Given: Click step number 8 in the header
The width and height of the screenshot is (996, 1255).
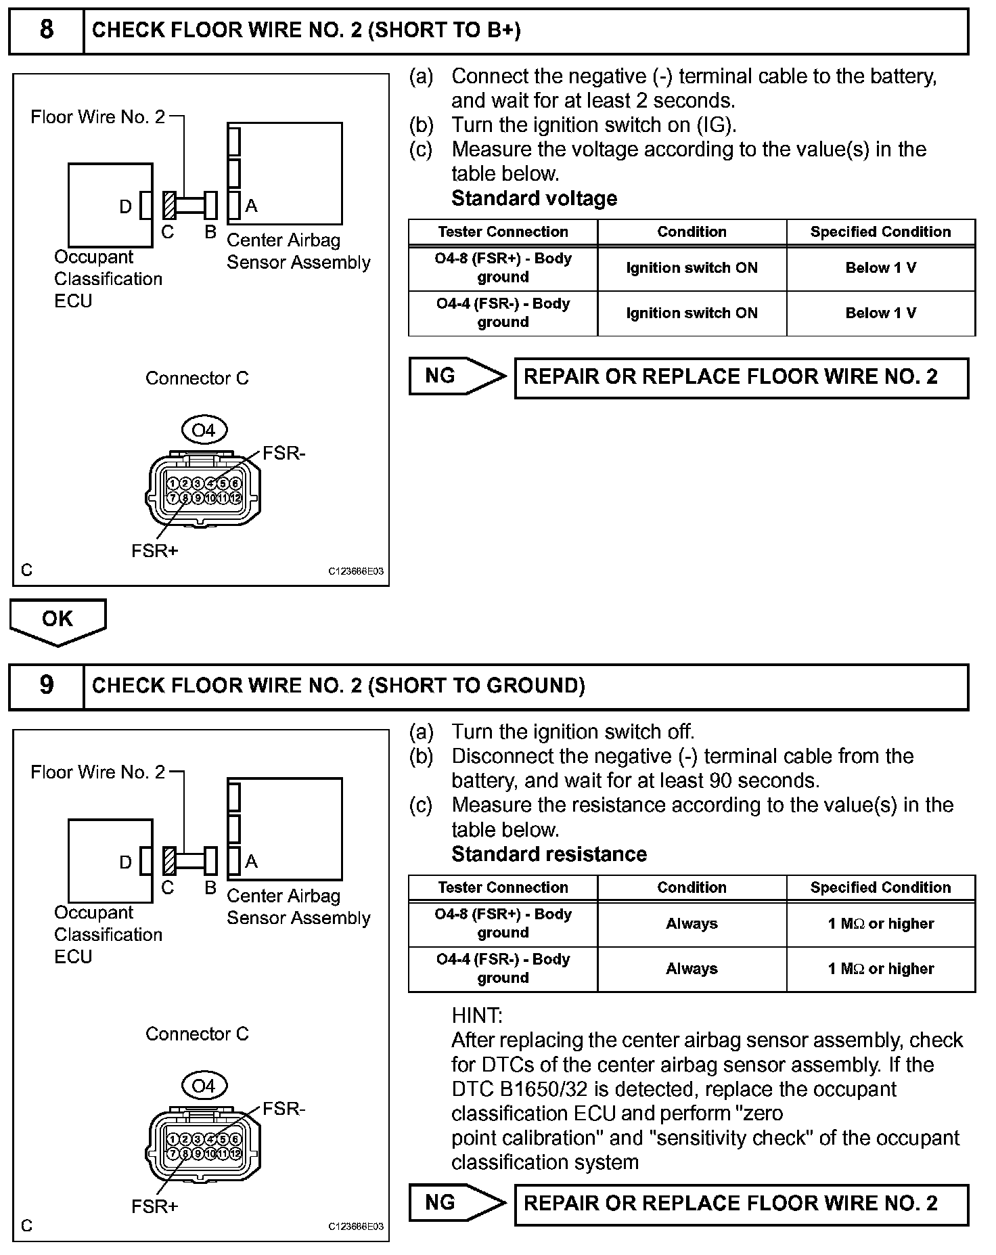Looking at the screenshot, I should pyautogui.click(x=46, y=30).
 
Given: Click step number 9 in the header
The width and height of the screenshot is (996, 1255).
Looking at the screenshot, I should pyautogui.click(x=46, y=685).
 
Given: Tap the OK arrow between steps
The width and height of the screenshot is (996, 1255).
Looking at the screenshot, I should pyautogui.click(x=58, y=620).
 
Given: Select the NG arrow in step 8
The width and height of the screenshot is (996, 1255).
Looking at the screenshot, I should pyautogui.click(x=457, y=376).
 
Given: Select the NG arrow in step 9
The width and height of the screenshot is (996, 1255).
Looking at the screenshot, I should pyautogui.click(x=457, y=1202).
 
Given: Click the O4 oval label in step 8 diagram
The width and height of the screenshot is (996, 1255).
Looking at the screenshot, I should pyautogui.click(x=203, y=430).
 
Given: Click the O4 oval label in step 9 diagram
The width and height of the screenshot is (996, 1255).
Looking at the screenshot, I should pyautogui.click(x=203, y=1086).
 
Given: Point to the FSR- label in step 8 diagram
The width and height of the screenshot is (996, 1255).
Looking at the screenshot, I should pyautogui.click(x=284, y=453).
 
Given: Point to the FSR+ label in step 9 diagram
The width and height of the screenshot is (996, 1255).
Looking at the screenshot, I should pyautogui.click(x=154, y=1206).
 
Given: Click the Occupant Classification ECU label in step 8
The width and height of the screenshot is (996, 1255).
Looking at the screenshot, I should pyautogui.click(x=108, y=279).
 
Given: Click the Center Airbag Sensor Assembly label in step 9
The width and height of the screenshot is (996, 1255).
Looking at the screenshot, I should pyautogui.click(x=298, y=907).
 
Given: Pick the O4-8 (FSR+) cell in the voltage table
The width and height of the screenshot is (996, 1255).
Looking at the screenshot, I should pyautogui.click(x=503, y=268).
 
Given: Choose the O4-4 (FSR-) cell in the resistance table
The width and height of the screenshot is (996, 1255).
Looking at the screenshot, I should pyautogui.click(x=503, y=969).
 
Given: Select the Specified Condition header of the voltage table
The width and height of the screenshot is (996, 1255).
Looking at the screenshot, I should pyautogui.click(x=880, y=232).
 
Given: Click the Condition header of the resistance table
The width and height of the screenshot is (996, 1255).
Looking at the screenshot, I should pyautogui.click(x=692, y=887).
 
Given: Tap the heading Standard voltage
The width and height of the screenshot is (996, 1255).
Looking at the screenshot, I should pyautogui.click(x=534, y=198).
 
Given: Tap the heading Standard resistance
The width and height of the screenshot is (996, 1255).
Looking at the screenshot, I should pyautogui.click(x=549, y=854).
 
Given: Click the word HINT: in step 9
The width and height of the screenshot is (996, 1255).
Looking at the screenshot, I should pyautogui.click(x=477, y=1015).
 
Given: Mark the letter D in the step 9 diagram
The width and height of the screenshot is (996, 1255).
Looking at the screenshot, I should pyautogui.click(x=125, y=862).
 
